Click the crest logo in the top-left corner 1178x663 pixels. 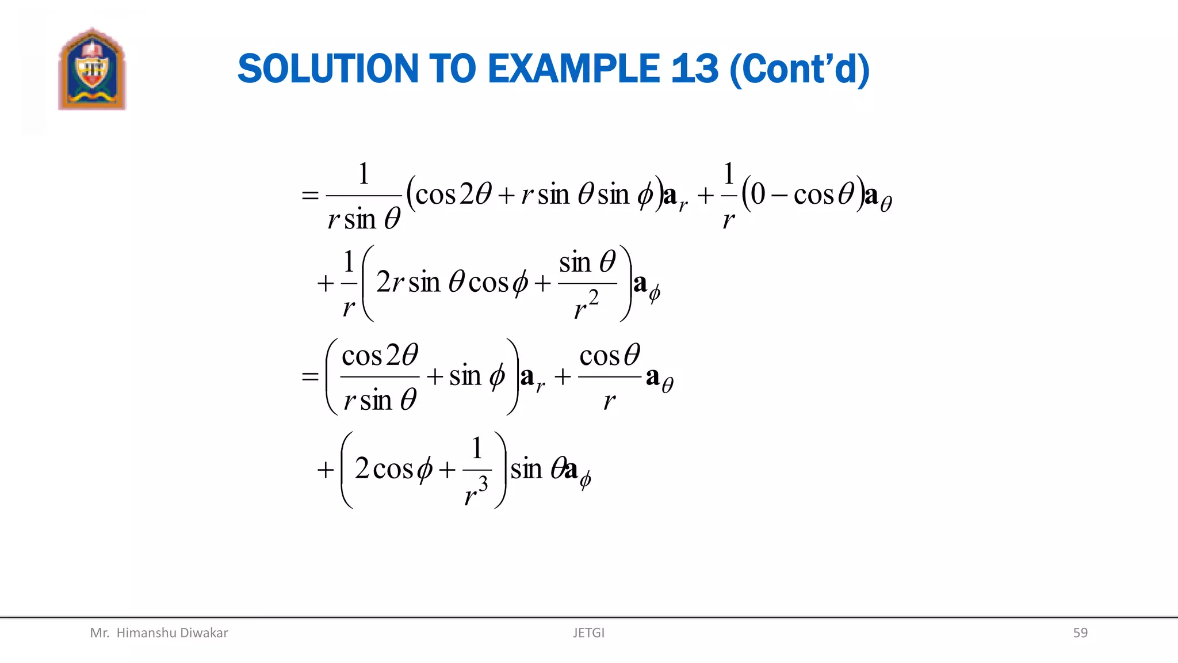(x=91, y=68)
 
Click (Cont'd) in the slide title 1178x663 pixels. (x=800, y=69)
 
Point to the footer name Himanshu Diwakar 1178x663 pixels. (x=171, y=632)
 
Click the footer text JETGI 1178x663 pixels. (x=588, y=632)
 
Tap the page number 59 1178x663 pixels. (x=1080, y=632)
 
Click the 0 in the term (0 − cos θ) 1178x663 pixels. (x=758, y=195)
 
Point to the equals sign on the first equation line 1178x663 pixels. (x=310, y=196)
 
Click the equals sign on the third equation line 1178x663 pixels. (x=310, y=376)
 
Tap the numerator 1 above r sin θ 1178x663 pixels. (x=364, y=174)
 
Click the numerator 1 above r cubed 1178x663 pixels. (x=477, y=448)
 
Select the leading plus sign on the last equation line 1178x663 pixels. (x=326, y=470)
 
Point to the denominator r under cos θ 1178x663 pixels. (x=609, y=400)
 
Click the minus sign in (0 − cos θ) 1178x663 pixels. (x=779, y=196)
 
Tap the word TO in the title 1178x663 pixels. (x=453, y=69)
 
